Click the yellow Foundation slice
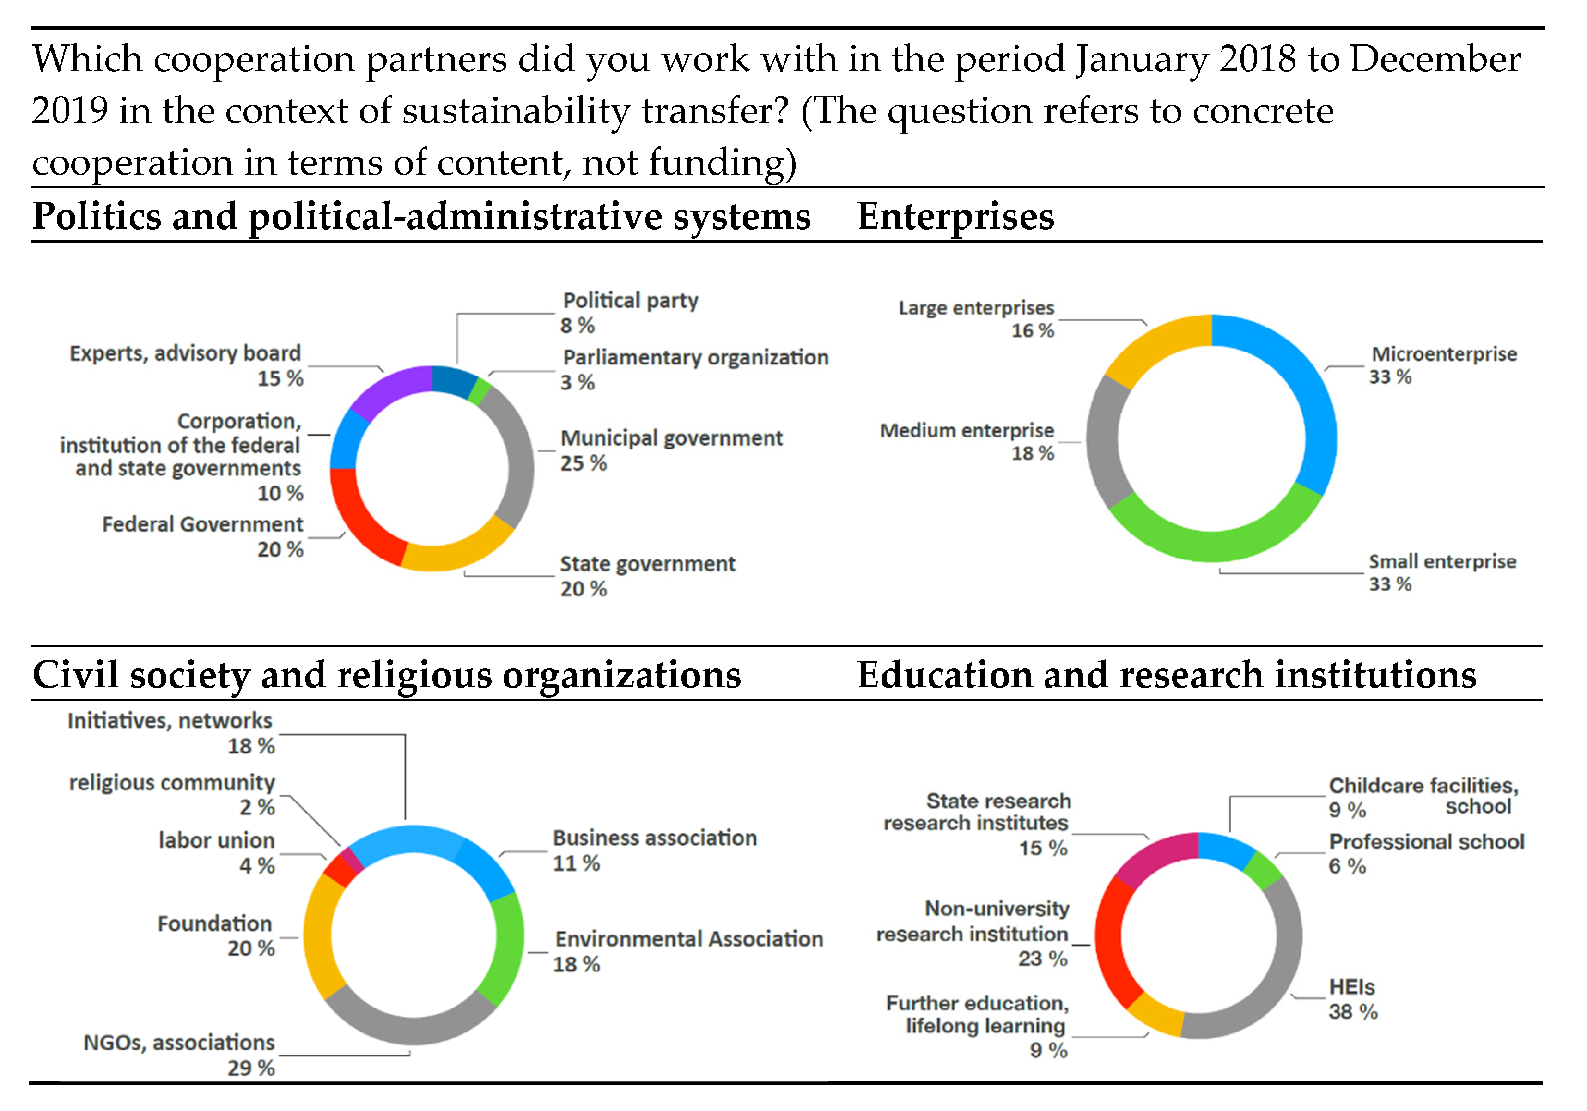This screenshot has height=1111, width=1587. click(318, 936)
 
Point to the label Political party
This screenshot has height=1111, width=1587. click(630, 301)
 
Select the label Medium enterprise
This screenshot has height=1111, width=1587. click(967, 431)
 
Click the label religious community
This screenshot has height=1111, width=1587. click(172, 783)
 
